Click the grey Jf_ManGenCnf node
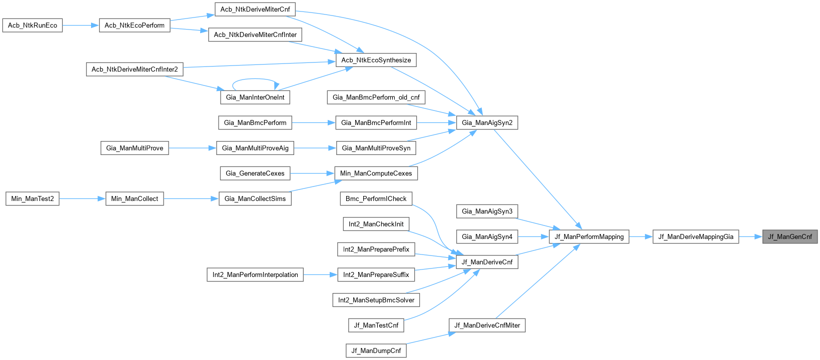tap(790, 236)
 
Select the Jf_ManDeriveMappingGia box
tap(695, 236)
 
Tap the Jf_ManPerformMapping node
tap(589, 236)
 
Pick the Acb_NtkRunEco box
tap(33, 25)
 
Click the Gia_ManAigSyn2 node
tap(487, 122)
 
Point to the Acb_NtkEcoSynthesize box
tap(376, 60)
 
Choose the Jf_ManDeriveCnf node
tap(487, 262)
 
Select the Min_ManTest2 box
tap(33, 198)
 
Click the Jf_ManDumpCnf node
tap(376, 350)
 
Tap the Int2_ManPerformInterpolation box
tap(255, 274)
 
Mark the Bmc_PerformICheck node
tap(376, 198)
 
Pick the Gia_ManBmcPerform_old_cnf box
tap(376, 97)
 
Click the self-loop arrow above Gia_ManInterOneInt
tap(255, 79)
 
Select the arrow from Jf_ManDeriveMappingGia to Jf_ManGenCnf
tap(750, 236)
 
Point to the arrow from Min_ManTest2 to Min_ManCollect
tap(83, 198)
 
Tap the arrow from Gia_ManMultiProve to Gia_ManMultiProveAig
tap(193, 148)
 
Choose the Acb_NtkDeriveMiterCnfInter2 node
tap(135, 69)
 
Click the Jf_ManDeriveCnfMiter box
tap(487, 325)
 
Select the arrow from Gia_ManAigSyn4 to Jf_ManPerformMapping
tap(534, 236)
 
